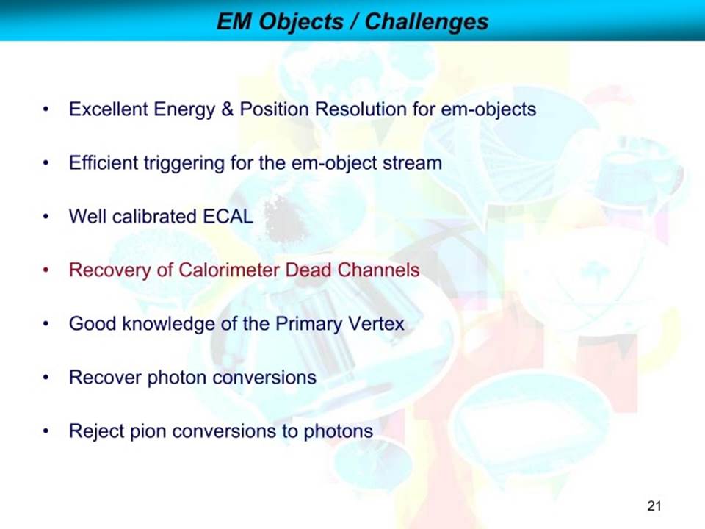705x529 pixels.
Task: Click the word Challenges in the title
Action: pyautogui.click(x=426, y=21)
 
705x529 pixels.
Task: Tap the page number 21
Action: pyautogui.click(x=654, y=505)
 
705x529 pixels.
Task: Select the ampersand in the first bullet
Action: pyautogui.click(x=227, y=109)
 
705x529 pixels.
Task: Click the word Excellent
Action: pyautogui.click(x=109, y=109)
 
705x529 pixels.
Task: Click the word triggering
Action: pyautogui.click(x=184, y=163)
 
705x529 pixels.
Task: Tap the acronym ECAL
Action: pyautogui.click(x=228, y=216)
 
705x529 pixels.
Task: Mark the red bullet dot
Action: pyautogui.click(x=46, y=270)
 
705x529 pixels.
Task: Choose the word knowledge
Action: pyautogui.click(x=169, y=324)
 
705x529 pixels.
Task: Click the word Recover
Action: pyautogui.click(x=105, y=377)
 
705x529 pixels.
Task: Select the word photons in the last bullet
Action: pyautogui.click(x=339, y=431)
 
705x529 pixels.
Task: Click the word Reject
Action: pyautogui.click(x=96, y=431)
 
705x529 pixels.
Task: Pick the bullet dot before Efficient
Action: pyautogui.click(x=46, y=163)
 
